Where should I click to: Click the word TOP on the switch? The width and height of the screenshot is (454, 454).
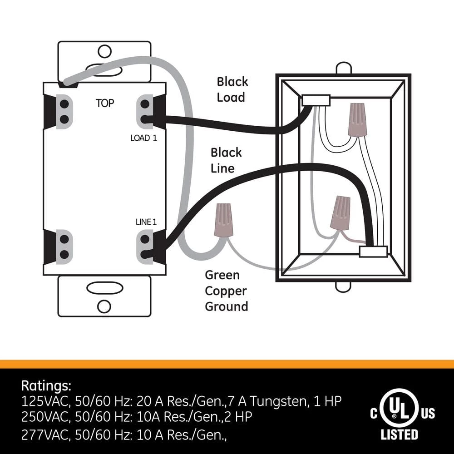[x=104, y=103]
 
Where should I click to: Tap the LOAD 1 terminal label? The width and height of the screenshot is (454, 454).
[x=143, y=138]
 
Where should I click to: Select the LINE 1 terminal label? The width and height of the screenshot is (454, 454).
[x=146, y=222]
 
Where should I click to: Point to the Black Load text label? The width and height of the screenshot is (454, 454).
[x=232, y=89]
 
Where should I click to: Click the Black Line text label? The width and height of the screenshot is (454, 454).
[x=226, y=160]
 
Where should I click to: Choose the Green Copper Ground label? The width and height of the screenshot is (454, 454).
[x=227, y=291]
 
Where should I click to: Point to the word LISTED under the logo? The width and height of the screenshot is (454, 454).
[x=399, y=435]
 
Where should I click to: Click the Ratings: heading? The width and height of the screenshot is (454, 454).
[x=46, y=386]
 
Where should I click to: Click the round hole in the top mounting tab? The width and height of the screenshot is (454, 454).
[x=104, y=49]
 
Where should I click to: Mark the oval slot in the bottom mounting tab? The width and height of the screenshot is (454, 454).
[x=104, y=288]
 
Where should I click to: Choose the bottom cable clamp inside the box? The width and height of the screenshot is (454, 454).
[x=373, y=252]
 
